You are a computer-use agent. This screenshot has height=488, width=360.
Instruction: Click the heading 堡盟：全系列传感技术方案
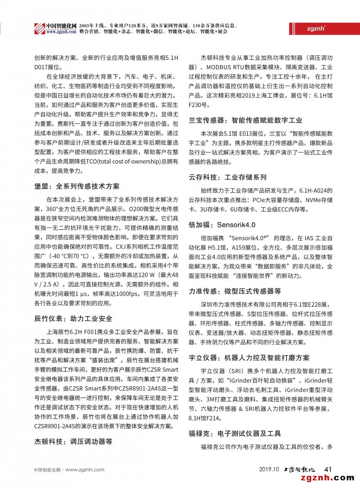(77, 186)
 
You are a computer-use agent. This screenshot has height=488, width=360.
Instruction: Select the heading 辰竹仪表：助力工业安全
(73, 319)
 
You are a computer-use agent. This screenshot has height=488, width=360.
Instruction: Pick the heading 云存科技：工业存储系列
(227, 178)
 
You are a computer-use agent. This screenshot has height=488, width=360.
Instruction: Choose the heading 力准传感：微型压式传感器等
(234, 291)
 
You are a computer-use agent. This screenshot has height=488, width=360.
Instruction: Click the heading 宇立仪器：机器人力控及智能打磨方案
(249, 358)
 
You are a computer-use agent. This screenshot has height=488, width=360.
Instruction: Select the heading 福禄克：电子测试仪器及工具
(234, 434)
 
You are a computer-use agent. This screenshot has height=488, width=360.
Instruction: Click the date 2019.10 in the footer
(270, 470)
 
